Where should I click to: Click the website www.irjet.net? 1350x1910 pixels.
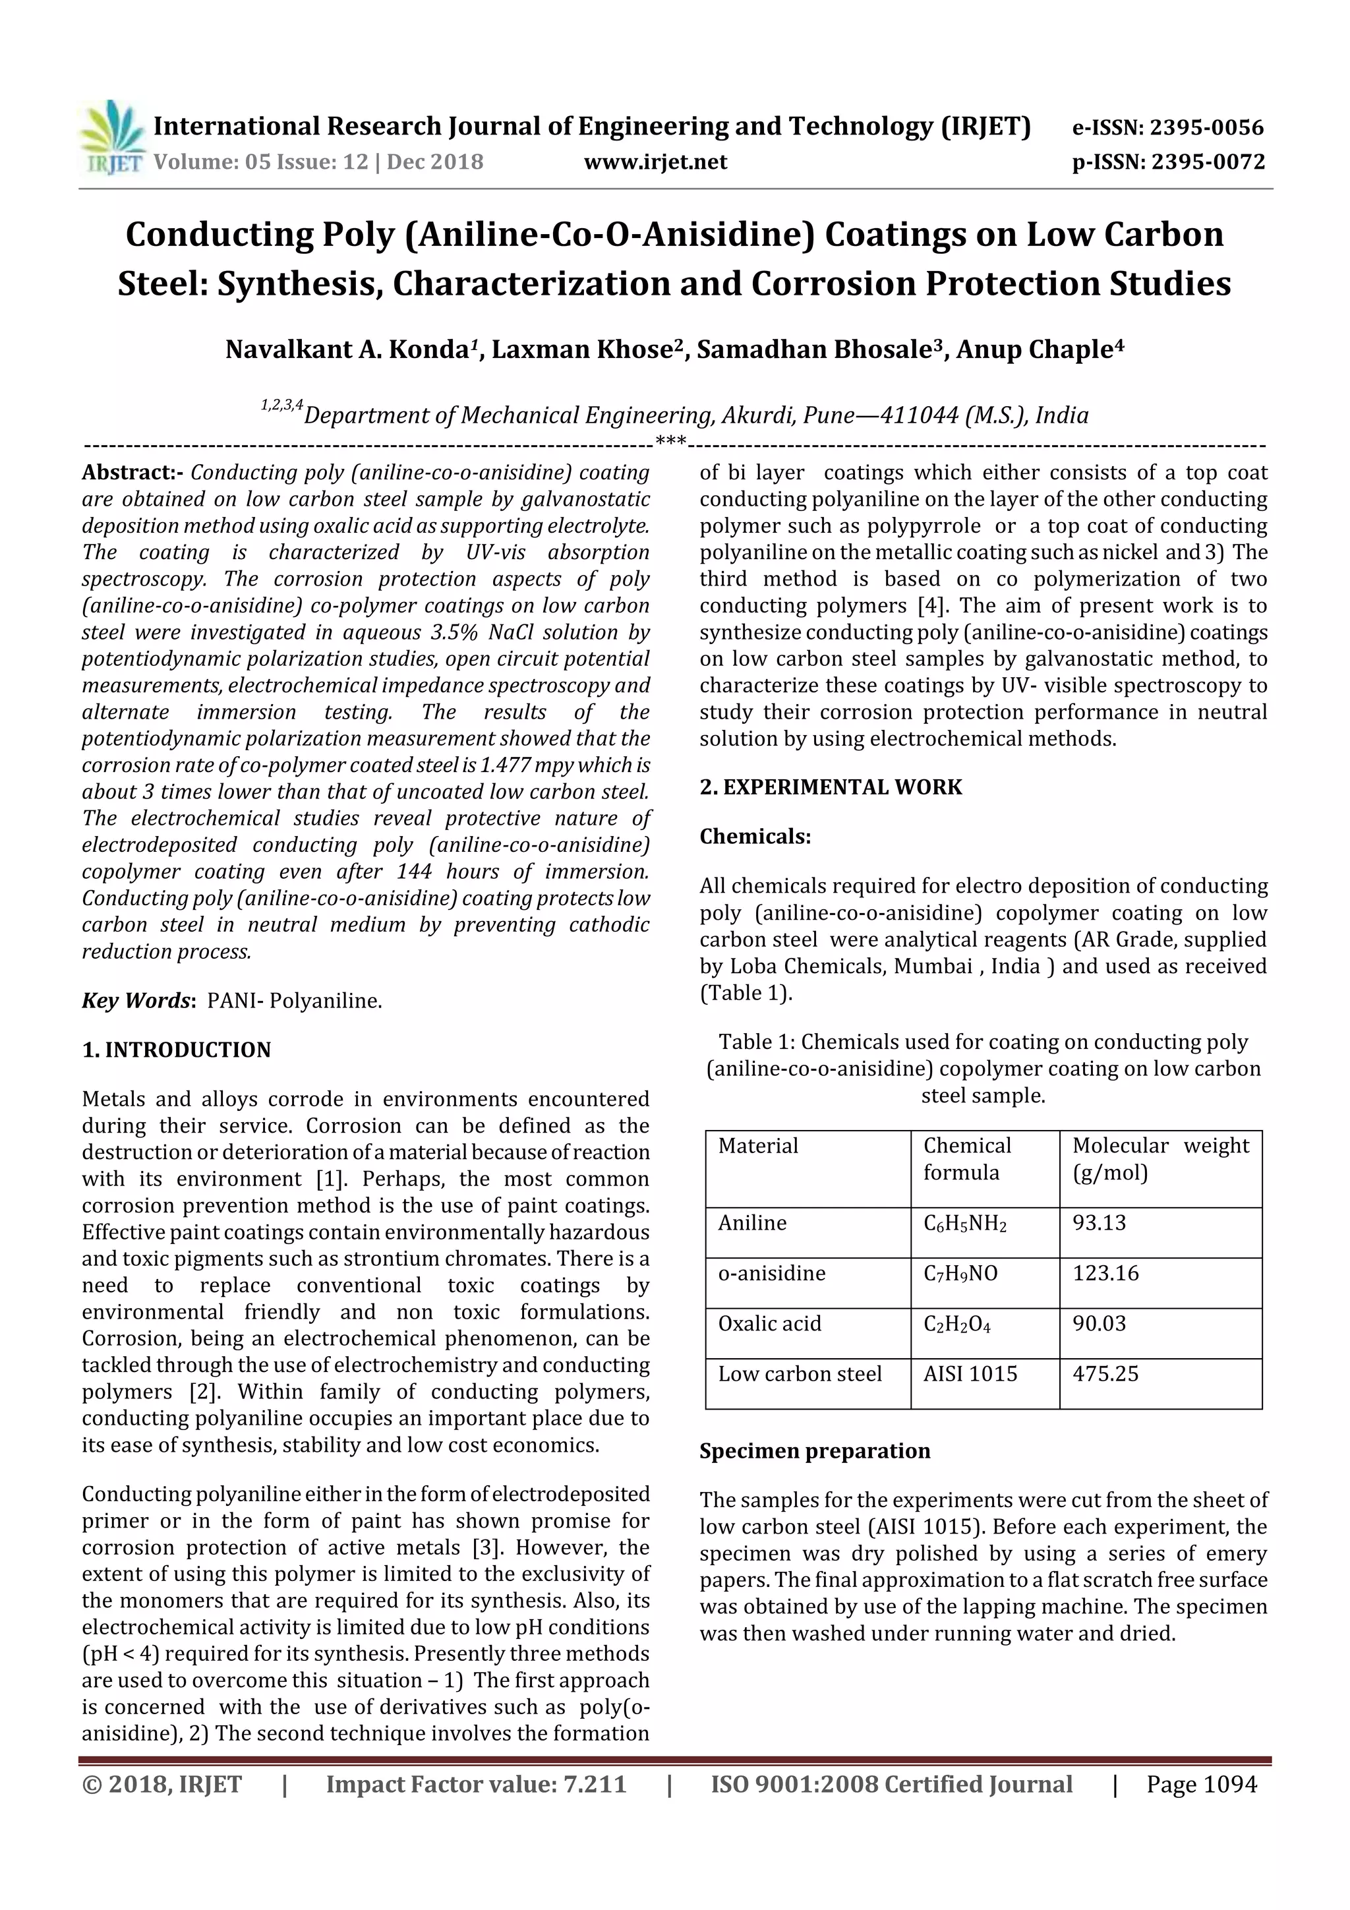655,162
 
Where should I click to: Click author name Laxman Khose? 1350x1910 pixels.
585,349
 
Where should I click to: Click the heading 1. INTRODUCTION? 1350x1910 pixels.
177,1050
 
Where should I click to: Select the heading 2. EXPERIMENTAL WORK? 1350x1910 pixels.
830,787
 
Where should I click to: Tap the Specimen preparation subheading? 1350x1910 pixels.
814,1451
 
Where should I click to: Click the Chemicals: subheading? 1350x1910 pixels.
755,836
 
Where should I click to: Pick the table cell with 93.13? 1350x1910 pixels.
1099,1223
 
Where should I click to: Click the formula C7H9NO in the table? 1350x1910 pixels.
960,1274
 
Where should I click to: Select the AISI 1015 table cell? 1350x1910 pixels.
970,1374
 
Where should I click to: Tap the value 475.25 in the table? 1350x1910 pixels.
1105,1374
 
